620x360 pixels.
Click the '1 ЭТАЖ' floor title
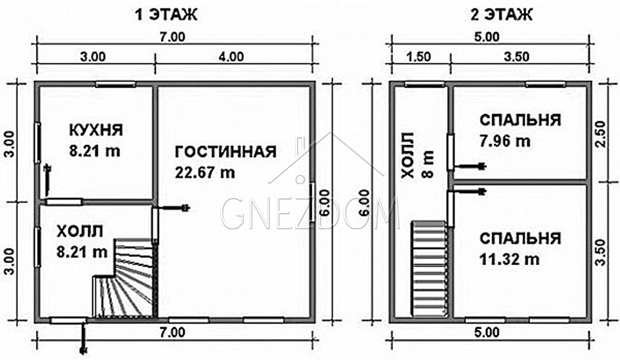point(166,15)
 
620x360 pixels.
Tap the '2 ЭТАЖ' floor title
point(501,15)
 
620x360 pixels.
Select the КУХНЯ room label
point(96,130)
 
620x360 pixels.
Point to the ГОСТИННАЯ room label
point(225,152)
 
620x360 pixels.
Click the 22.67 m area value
point(205,172)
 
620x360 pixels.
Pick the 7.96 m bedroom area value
point(505,141)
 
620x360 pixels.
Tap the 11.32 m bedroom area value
point(510,259)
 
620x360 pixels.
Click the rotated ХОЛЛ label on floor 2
point(408,155)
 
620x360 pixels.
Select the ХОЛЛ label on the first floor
point(80,232)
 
